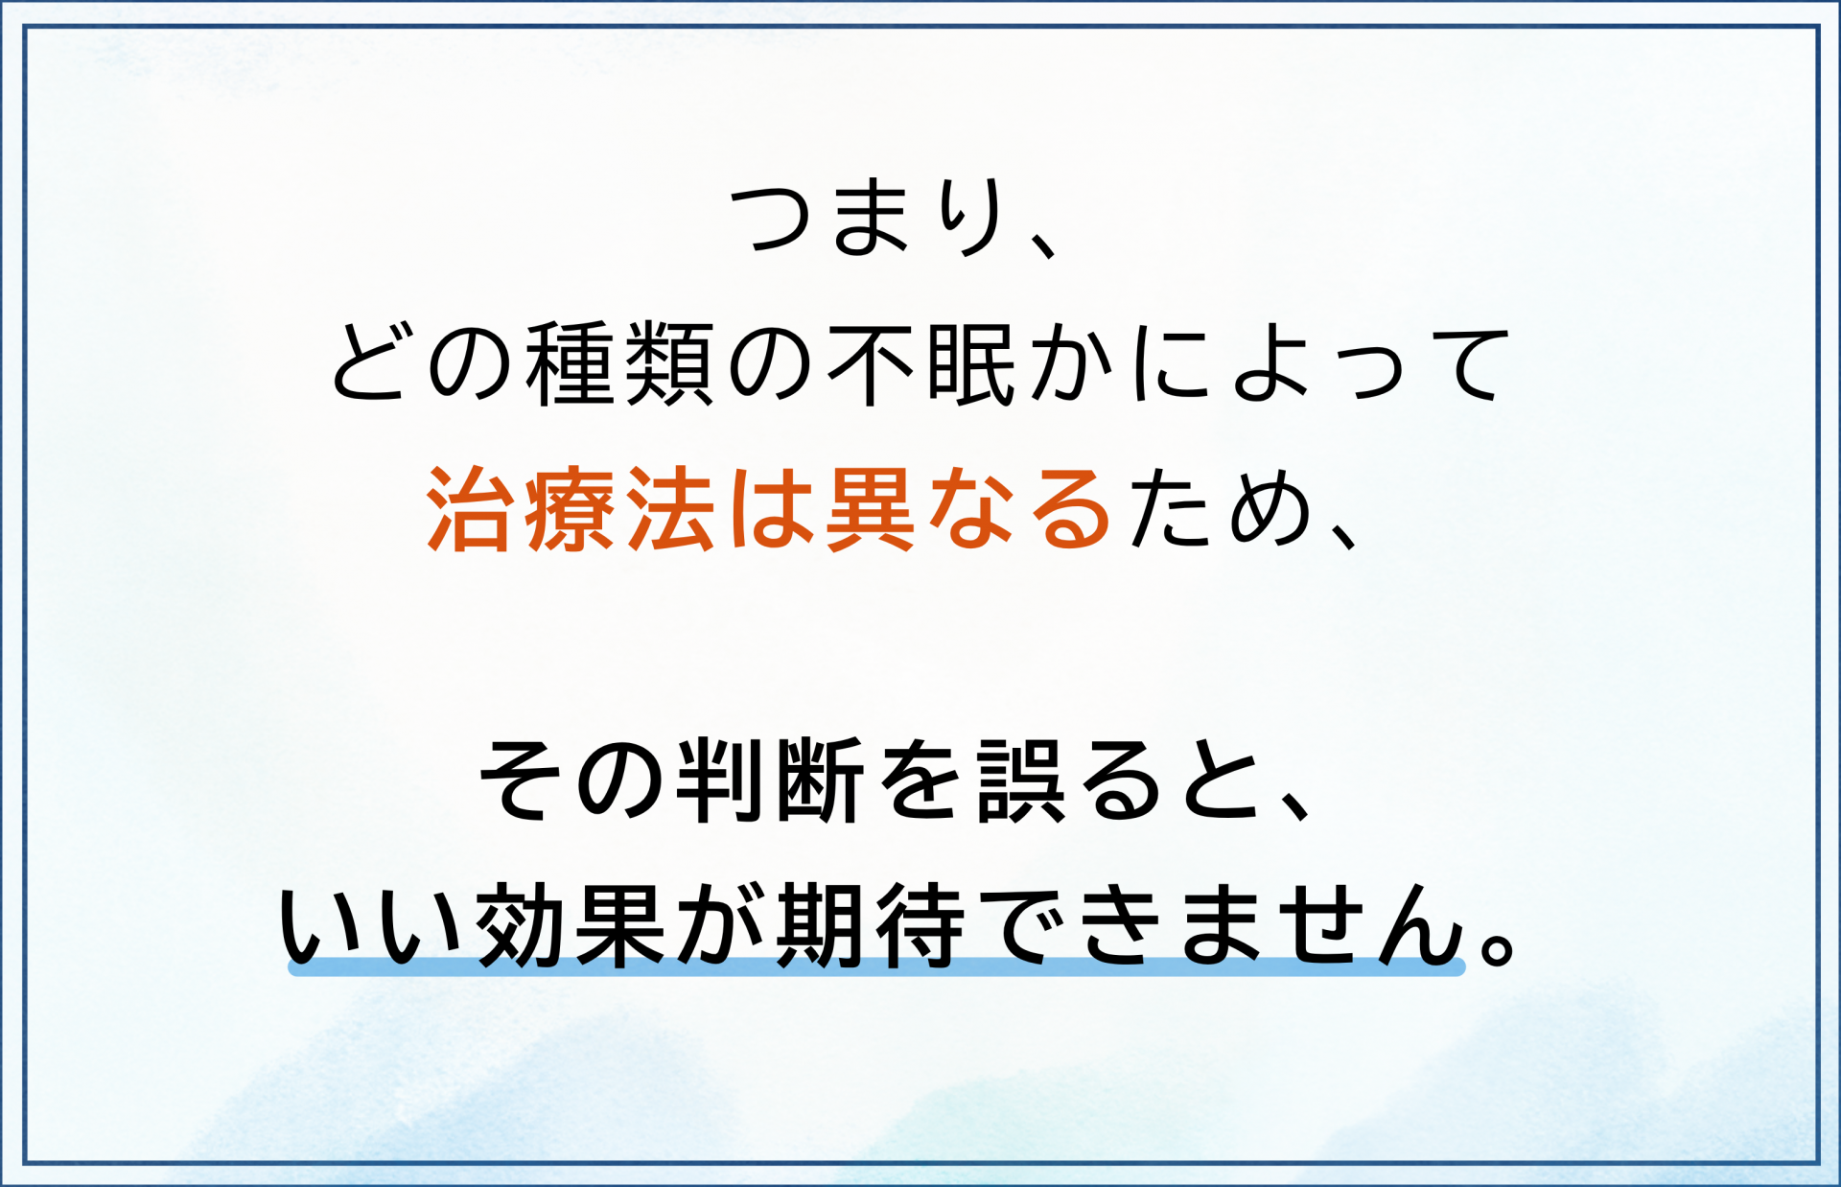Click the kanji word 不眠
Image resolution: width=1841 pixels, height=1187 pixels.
coord(922,364)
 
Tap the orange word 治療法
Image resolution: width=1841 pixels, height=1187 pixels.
coord(571,509)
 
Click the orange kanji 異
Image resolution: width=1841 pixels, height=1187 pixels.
coord(870,509)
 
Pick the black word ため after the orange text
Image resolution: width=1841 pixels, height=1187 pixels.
coord(1220,509)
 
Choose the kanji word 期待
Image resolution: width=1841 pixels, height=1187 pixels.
coord(871,925)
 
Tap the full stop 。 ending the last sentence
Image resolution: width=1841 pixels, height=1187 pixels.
coord(1497,944)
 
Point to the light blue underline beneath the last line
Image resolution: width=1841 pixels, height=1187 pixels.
coord(876,967)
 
